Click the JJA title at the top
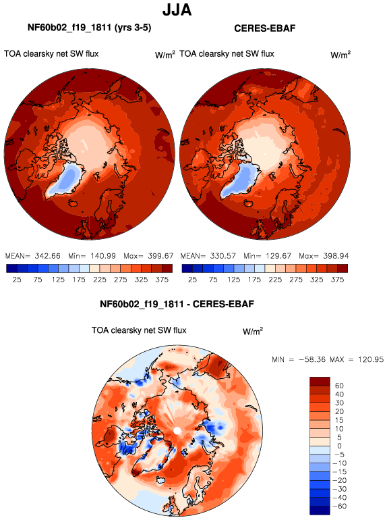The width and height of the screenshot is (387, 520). point(177,10)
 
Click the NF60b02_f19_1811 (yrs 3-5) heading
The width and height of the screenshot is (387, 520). point(90,28)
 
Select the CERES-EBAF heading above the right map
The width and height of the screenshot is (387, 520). point(264,28)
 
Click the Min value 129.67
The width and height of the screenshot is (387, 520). point(278,256)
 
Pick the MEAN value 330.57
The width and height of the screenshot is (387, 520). point(223,256)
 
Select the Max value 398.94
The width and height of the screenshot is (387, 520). point(336,256)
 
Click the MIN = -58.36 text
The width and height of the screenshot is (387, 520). point(299,359)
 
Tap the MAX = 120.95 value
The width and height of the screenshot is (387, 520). point(357,359)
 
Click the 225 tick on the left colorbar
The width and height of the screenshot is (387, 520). point(99,280)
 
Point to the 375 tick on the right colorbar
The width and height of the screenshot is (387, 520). point(337,280)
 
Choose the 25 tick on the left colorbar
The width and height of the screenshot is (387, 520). point(17,280)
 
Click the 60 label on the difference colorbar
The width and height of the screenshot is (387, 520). point(339,386)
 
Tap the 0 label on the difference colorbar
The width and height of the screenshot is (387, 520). point(339,446)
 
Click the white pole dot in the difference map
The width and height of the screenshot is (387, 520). point(177,431)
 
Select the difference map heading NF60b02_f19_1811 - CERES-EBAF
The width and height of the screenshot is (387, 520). point(177,304)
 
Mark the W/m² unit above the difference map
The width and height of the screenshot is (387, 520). point(253,331)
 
